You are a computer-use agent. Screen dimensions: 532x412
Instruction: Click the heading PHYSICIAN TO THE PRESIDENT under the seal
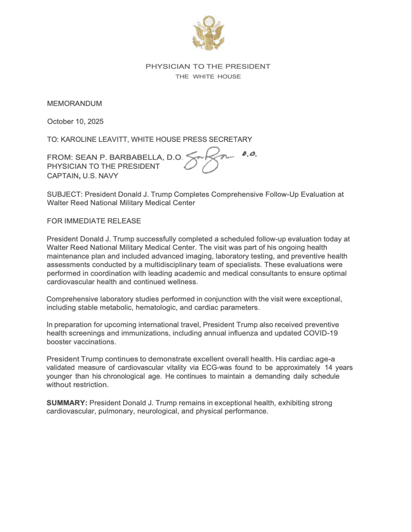pyautogui.click(x=208, y=66)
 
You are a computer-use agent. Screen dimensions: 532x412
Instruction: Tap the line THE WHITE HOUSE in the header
pyautogui.click(x=208, y=76)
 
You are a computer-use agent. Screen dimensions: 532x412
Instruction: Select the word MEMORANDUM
pyautogui.click(x=74, y=104)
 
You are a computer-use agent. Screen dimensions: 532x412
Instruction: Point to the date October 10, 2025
pyautogui.click(x=75, y=122)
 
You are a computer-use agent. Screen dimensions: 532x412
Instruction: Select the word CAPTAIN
pyautogui.click(x=62, y=176)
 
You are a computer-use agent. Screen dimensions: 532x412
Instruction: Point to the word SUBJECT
pyautogui.click(x=62, y=194)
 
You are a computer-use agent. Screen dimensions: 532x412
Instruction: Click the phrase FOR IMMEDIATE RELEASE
pyautogui.click(x=94, y=221)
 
